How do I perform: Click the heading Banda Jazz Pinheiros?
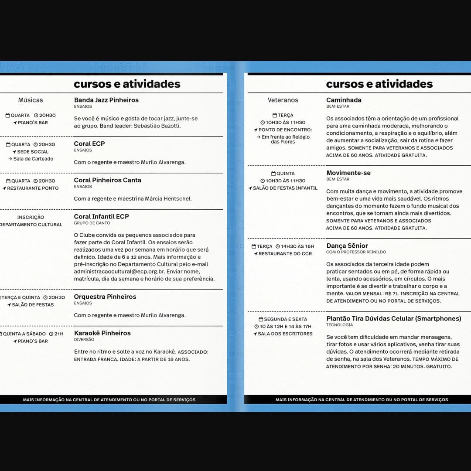[106, 100]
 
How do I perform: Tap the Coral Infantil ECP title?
[102, 216]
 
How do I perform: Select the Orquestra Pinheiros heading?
[105, 297]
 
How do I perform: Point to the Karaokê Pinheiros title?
[102, 333]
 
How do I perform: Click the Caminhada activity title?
[344, 100]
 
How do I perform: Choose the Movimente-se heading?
[348, 173]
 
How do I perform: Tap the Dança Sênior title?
[347, 246]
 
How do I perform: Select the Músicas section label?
[31, 100]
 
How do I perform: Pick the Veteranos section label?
[283, 100]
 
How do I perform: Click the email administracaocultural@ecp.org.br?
[118, 271]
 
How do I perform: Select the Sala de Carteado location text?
[33, 159]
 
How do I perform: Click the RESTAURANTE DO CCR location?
[285, 253]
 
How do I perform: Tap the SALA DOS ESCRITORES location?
[285, 334]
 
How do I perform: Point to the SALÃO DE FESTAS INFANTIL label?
[285, 188]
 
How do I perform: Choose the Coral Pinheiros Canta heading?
[108, 180]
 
